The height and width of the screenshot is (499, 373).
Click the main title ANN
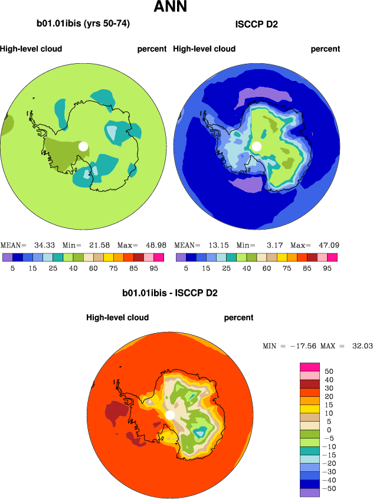pos(171,8)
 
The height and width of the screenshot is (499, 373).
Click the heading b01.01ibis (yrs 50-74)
pos(83,24)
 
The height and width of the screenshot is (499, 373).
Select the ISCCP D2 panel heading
pos(257,24)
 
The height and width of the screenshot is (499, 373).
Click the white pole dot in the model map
pos(83,146)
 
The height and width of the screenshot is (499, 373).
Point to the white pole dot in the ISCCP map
pos(257,146)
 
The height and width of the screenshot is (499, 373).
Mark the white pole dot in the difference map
pos(170,415)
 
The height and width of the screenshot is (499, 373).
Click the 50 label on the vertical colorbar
pos(329,371)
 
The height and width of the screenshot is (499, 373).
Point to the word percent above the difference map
pos(238,318)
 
